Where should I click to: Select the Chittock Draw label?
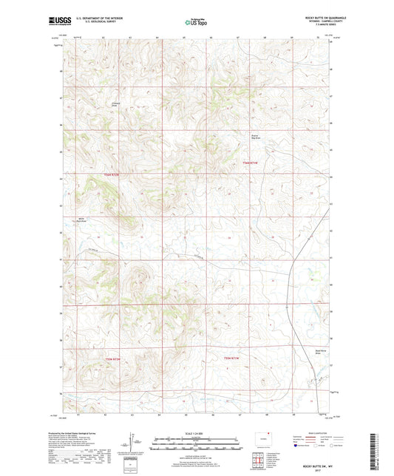[115, 104]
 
